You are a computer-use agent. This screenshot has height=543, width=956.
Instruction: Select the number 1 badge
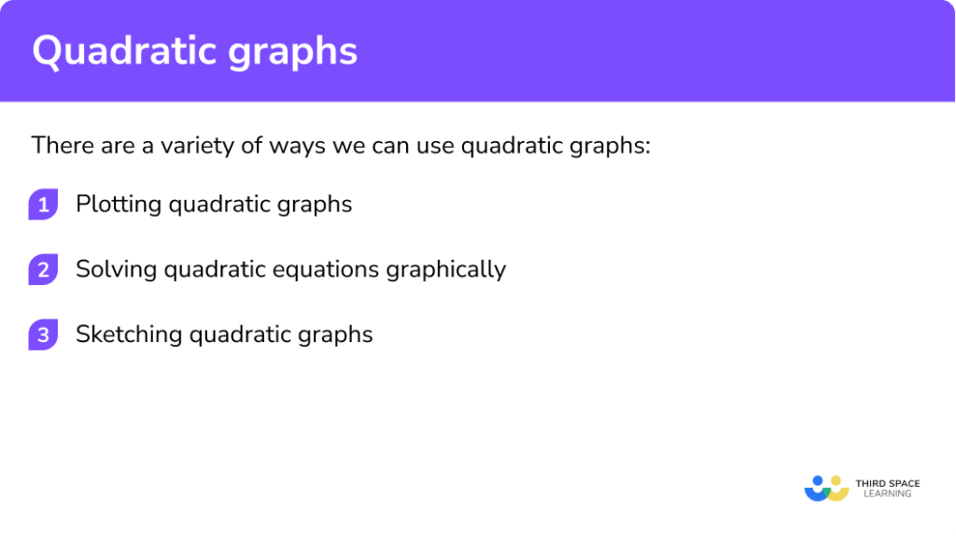(x=43, y=205)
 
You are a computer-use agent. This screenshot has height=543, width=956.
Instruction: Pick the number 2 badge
(x=43, y=270)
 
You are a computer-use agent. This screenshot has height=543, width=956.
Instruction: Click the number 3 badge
(x=43, y=335)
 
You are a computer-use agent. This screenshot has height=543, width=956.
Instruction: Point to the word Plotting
(x=118, y=205)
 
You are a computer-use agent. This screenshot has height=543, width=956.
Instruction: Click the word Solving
(x=116, y=270)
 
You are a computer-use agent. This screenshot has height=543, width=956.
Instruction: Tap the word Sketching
(x=129, y=335)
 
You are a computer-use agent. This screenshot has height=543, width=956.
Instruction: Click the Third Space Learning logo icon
(x=826, y=488)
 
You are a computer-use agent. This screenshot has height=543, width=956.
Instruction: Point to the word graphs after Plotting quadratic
(x=319, y=206)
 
